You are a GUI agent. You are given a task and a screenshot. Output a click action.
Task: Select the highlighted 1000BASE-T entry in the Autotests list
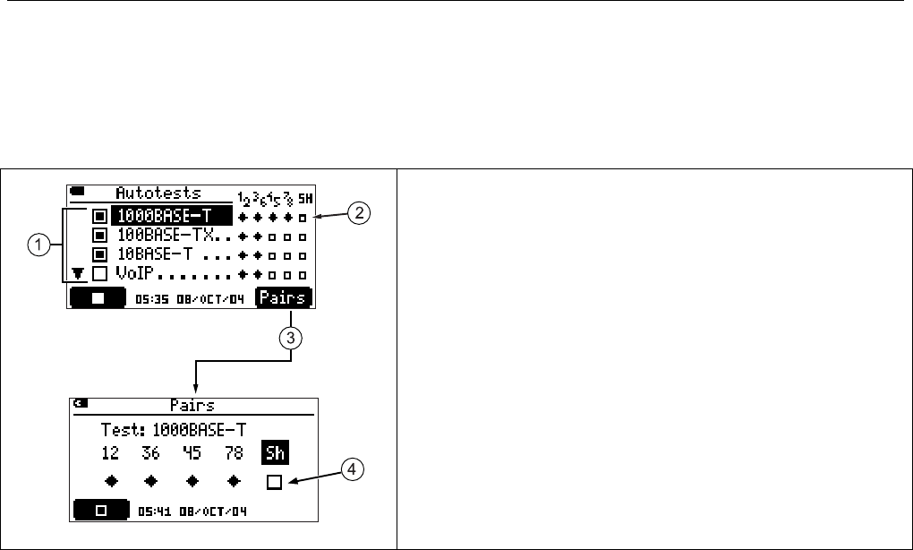pyautogui.click(x=170, y=216)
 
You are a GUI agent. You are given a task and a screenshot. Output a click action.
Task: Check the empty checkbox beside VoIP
pyautogui.click(x=100, y=274)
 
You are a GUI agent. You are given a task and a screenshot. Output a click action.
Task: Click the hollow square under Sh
pyautogui.click(x=274, y=482)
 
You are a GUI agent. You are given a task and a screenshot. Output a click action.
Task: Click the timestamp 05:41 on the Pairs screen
pyautogui.click(x=153, y=511)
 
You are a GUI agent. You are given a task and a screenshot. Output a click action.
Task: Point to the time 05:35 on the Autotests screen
pyautogui.click(x=149, y=297)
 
